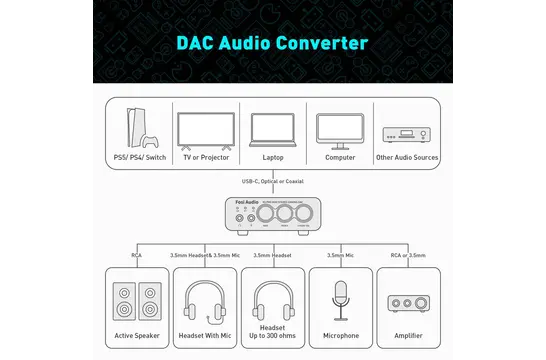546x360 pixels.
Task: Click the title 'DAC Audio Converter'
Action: point(273,43)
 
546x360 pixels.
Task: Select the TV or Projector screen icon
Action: point(204,129)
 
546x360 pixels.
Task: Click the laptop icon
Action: point(273,129)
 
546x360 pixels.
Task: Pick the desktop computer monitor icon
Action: point(340,129)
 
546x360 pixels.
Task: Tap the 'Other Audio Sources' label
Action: point(407,157)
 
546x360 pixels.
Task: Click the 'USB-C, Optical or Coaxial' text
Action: point(273,181)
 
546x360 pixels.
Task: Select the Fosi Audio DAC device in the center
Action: point(273,217)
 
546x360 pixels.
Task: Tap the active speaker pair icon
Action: point(137,298)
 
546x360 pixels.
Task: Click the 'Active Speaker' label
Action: point(137,336)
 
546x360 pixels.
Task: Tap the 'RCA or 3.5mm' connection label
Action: point(407,255)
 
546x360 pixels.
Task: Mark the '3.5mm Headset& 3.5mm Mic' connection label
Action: point(205,255)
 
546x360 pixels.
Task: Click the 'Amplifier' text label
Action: point(408,336)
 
